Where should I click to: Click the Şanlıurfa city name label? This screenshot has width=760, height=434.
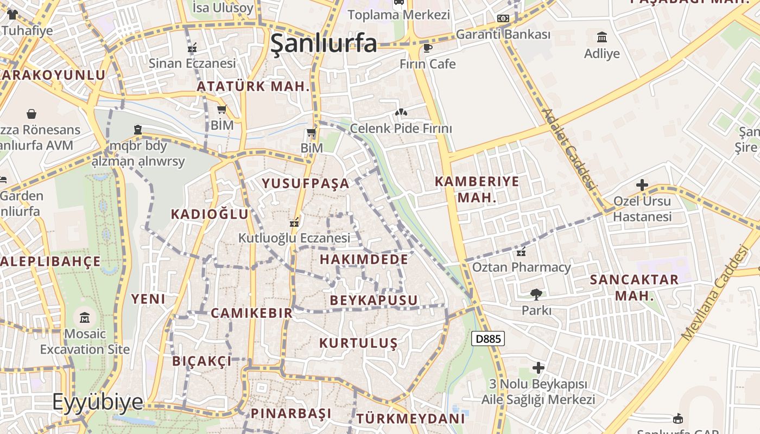coord(324,43)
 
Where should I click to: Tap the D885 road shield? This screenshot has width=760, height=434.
coord(488,339)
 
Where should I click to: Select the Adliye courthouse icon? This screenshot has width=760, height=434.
coord(602,37)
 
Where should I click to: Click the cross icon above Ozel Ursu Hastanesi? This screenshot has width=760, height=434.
coord(642,185)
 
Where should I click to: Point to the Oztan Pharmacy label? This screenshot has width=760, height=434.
coord(521,267)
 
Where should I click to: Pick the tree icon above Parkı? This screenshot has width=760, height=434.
coord(536,295)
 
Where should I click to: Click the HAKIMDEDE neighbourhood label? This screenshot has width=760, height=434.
coord(364,259)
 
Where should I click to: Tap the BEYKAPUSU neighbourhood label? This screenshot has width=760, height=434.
coord(374,300)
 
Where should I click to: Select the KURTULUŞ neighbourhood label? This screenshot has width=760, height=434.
coord(358,343)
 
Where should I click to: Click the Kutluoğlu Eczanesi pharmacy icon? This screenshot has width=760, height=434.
coord(294,222)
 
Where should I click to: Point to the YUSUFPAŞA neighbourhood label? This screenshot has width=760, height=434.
coord(306,183)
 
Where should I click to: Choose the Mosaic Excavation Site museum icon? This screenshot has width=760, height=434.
coord(85,317)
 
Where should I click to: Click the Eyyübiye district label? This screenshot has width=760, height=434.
coord(98,402)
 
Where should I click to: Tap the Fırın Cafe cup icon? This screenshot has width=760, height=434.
coord(428,48)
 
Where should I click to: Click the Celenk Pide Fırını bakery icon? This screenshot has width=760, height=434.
coord(401,112)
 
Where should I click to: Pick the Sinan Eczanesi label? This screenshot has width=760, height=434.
coord(192,63)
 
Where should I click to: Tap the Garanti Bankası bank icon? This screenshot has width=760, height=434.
coord(503,18)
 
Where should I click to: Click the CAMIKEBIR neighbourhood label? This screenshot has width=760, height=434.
coord(251,313)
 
